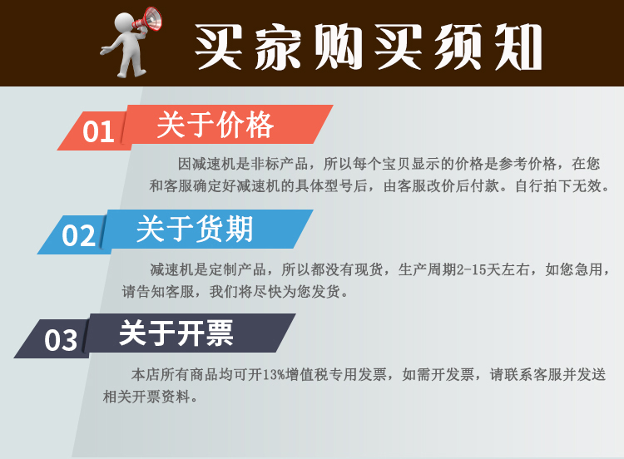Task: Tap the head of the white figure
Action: tap(125, 22)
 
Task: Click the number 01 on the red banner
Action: tap(98, 132)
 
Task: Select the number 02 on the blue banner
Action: tap(78, 235)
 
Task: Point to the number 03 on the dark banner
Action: tap(61, 340)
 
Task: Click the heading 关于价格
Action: tap(215, 125)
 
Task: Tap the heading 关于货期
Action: tap(195, 229)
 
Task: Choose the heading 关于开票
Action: tap(176, 333)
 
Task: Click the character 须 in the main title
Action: tap(458, 47)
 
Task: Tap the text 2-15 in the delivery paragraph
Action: tap(471, 270)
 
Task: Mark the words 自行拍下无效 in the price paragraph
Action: tap(558, 185)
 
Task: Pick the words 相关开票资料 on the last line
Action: tap(146, 397)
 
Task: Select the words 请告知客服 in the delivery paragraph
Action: tap(158, 292)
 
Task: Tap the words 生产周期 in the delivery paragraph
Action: tap(427, 270)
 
